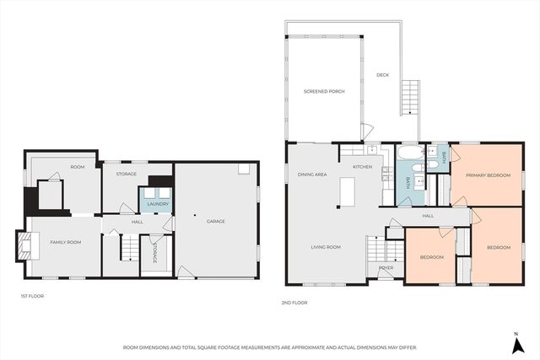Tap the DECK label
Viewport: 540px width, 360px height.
click(x=382, y=75)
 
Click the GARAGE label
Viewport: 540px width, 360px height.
click(x=216, y=221)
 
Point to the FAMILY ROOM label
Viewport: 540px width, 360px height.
click(x=64, y=242)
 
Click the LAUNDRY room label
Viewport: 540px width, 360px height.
click(x=158, y=204)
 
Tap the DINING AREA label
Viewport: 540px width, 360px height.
click(x=312, y=175)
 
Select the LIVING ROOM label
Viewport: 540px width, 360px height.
click(x=326, y=247)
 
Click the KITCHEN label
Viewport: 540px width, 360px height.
click(x=362, y=167)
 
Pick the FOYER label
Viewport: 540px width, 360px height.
click(x=386, y=268)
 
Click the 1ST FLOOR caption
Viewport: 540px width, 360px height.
click(x=33, y=296)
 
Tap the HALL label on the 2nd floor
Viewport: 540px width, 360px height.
click(x=428, y=216)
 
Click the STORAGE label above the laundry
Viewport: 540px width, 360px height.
click(x=127, y=174)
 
